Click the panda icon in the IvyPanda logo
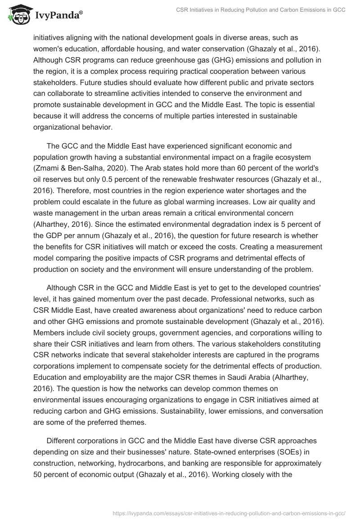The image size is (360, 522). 18,14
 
